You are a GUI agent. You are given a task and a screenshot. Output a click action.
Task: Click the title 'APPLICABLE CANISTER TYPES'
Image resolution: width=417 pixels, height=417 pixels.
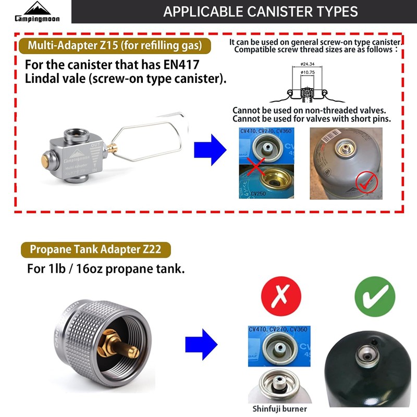pyautogui.click(x=260, y=11)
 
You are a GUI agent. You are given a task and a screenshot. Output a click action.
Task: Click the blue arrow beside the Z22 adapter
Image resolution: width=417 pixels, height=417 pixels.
pyautogui.click(x=201, y=344)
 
